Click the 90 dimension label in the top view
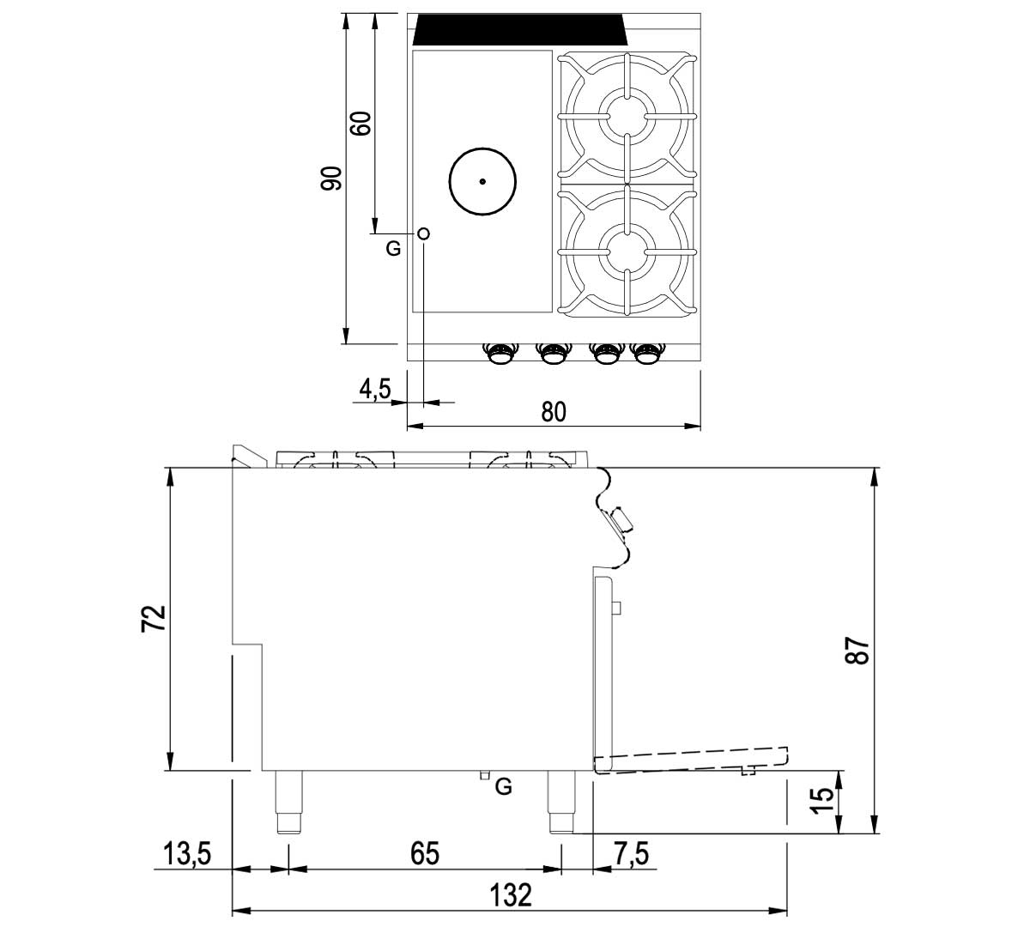click(331, 179)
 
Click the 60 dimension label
click(360, 124)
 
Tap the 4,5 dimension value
click(375, 389)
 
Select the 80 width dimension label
click(554, 411)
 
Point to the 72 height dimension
click(154, 618)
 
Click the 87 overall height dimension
click(857, 651)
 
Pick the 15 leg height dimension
click(822, 801)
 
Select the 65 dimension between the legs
click(425, 854)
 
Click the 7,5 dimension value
click(631, 853)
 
